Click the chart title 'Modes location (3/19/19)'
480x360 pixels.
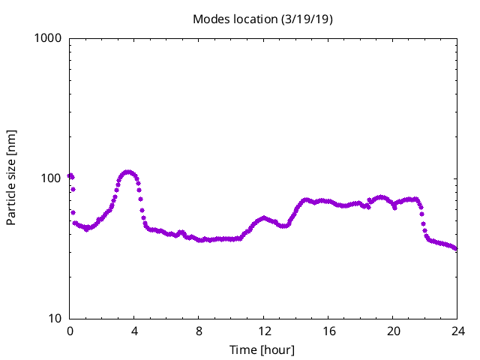(x=262, y=19)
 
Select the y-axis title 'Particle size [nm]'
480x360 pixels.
(x=11, y=178)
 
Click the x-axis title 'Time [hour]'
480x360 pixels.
(x=262, y=350)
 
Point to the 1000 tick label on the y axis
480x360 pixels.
(x=48, y=38)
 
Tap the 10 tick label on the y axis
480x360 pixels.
(x=55, y=319)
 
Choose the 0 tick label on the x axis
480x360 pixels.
(x=70, y=331)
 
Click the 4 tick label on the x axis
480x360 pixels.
(x=134, y=331)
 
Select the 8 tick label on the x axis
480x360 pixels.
(x=199, y=331)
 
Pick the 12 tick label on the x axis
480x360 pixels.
(x=263, y=331)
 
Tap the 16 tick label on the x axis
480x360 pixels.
(x=328, y=331)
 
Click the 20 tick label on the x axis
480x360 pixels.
(x=392, y=331)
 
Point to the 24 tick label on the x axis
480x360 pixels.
(x=457, y=331)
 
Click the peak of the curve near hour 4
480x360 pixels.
(x=128, y=172)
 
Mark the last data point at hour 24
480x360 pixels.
(x=456, y=249)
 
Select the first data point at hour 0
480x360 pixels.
(x=70, y=175)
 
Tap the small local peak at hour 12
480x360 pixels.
(x=264, y=217)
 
